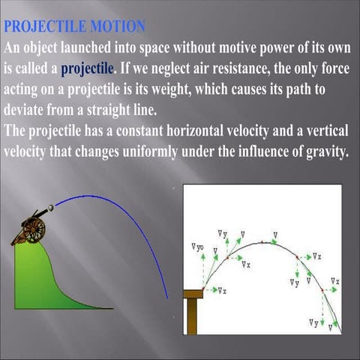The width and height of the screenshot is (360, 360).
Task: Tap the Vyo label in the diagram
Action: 197,247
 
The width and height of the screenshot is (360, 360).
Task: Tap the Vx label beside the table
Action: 222,289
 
